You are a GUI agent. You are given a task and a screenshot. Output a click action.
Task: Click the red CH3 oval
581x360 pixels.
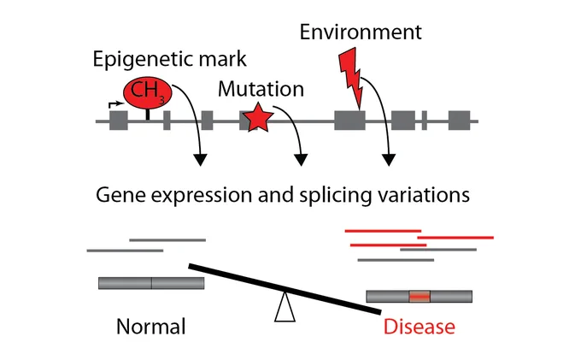coord(148,91)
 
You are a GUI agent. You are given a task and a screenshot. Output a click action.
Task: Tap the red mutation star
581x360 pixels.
coord(258,117)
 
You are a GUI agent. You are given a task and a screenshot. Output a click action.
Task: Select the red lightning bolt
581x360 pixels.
coord(351,78)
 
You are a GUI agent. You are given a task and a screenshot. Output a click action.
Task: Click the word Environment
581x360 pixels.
coord(361,32)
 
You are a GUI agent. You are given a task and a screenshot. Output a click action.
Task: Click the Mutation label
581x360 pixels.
coord(261,89)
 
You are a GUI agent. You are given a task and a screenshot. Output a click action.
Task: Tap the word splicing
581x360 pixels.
coord(335,195)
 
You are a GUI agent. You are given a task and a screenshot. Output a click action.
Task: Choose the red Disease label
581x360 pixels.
coord(419,327)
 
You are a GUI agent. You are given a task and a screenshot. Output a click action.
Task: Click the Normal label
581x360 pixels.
coord(151,327)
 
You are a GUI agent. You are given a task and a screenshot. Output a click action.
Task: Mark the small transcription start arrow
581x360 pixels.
coord(116,104)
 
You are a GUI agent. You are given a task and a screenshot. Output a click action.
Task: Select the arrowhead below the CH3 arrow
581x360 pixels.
coord(201,159)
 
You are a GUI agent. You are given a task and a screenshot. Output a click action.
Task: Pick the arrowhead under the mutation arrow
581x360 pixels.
coord(301,159)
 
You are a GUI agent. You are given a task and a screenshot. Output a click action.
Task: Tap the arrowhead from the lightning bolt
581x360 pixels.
coord(389,159)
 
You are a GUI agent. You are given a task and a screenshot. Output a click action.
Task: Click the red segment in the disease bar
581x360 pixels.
coord(420,296)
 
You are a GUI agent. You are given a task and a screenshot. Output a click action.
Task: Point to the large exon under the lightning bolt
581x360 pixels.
coord(349,121)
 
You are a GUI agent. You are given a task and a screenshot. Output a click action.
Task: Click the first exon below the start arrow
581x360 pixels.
coord(119,121)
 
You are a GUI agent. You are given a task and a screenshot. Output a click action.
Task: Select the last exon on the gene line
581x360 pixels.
coord(459,121)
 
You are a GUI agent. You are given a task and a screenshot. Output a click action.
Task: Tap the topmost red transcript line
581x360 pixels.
coord(383,231)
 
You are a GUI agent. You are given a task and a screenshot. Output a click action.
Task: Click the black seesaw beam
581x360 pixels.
coord(285,289)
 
